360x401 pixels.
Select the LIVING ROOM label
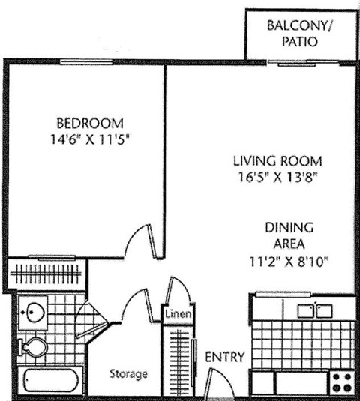pyautogui.click(x=277, y=161)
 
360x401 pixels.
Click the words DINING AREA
pyautogui.click(x=289, y=235)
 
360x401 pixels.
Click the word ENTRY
pyautogui.click(x=224, y=358)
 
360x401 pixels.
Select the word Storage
pyautogui.click(x=128, y=373)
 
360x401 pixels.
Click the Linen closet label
pyautogui.click(x=177, y=315)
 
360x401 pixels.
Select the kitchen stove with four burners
pyautogui.click(x=342, y=382)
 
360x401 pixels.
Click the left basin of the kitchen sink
pyautogui.click(x=305, y=310)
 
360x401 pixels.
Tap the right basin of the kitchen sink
pyautogui.click(x=324, y=310)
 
